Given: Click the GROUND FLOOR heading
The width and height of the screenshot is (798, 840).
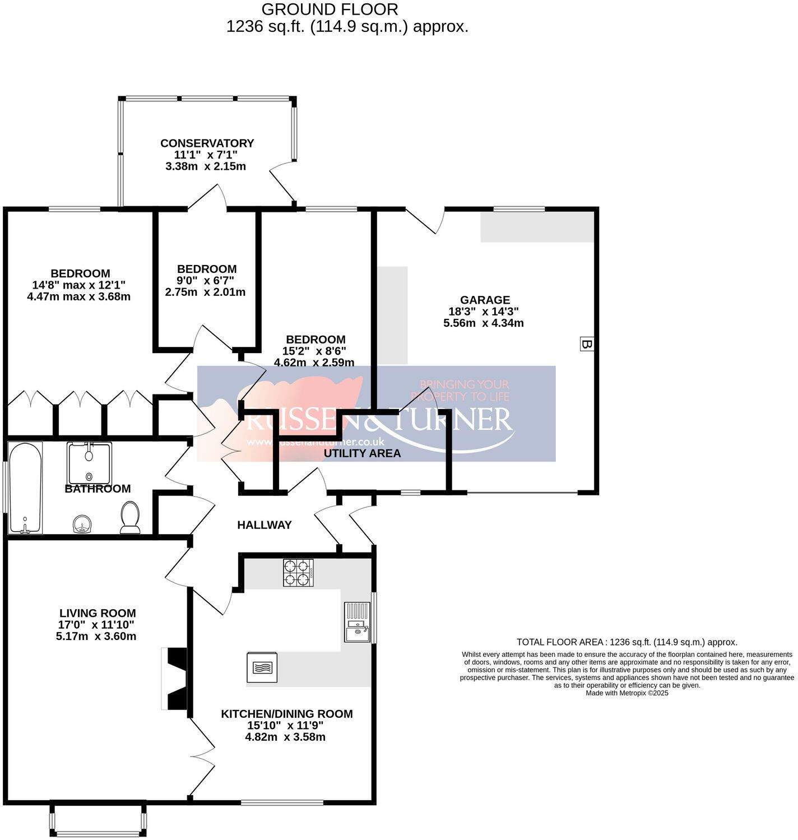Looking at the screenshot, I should (330, 10).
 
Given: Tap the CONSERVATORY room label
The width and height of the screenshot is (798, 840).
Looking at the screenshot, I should (207, 143).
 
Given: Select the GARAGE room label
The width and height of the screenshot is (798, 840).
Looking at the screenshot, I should (485, 300).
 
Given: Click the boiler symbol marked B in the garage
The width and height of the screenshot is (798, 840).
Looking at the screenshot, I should (586, 344).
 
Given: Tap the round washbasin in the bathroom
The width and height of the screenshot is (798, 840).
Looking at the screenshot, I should (82, 525).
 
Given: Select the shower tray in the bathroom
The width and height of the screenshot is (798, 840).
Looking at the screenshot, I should (89, 463).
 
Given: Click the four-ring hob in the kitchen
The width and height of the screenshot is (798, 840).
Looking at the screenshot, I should (298, 573).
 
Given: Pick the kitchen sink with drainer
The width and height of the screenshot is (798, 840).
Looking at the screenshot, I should (358, 622).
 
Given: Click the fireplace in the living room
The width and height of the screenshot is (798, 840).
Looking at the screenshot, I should (176, 679).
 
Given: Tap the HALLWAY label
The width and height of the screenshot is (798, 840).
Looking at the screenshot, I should (264, 525).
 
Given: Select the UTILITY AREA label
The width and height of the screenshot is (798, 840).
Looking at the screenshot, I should (362, 453).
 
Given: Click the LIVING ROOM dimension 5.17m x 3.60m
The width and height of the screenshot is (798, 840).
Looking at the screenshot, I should (96, 636).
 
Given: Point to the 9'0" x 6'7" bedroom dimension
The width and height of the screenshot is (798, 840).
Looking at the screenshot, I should (206, 280).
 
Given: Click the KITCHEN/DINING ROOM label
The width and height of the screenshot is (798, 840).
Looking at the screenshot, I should (286, 714).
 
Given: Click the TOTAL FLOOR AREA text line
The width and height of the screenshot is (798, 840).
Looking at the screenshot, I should (627, 642).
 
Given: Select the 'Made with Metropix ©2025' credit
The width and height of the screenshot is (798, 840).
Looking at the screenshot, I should (627, 693).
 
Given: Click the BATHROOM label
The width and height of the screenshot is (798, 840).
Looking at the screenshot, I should (98, 489).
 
